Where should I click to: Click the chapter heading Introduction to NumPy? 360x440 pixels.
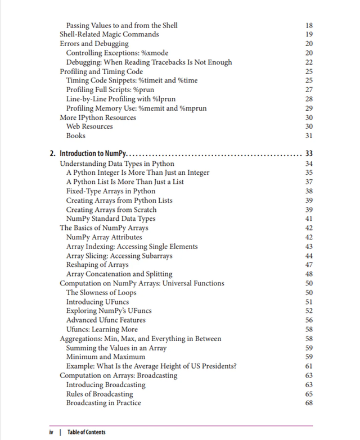pos(93,153)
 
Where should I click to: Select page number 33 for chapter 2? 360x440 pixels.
pos(308,153)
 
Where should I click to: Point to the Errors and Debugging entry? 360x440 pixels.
pos(91,43)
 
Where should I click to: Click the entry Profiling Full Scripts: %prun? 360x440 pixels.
pos(110,89)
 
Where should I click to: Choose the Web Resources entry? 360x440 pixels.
pos(89,126)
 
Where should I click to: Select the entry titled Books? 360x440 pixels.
pos(76,135)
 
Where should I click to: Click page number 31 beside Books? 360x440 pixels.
pos(308,135)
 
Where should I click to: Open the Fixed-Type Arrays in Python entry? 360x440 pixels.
pos(111,191)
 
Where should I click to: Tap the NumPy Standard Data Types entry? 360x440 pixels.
pos(111,219)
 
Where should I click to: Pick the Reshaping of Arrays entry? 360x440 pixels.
pos(97,265)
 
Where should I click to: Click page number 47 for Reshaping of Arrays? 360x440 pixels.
pos(308,265)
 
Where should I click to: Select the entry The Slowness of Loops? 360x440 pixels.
pos(102,292)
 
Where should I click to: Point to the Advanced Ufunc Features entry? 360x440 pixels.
pos(106,320)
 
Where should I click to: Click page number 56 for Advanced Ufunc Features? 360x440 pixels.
pos(308,320)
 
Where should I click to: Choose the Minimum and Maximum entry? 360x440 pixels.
pos(106,357)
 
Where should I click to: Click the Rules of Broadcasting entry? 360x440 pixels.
pos(100,393)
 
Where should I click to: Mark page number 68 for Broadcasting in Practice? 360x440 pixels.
pos(308,403)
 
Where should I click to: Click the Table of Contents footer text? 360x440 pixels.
pos(86,432)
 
